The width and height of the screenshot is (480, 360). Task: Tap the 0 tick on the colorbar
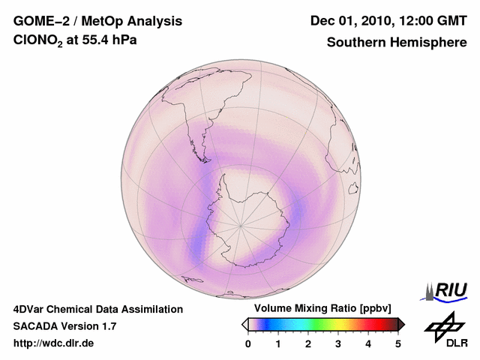[248, 344]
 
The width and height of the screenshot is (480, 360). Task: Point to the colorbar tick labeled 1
[278, 344]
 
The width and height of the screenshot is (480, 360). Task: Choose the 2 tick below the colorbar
[308, 344]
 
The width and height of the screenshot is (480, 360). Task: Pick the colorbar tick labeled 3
[338, 344]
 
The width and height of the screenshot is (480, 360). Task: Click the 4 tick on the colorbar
[368, 344]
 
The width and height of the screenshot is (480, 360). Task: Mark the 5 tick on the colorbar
[398, 344]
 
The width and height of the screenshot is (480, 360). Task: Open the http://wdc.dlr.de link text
[53, 344]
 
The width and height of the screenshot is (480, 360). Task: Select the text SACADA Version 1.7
[64, 327]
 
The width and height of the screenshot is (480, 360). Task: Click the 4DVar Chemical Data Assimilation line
[98, 309]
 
